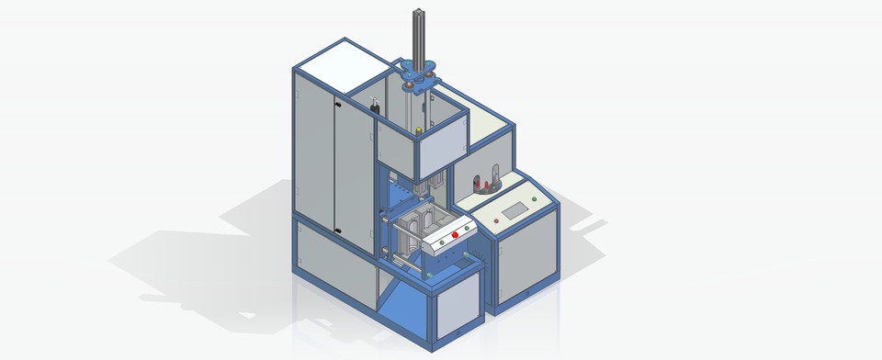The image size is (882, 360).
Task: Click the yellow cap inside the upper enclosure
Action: point(419,130)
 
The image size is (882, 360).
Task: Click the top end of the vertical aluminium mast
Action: point(418,12)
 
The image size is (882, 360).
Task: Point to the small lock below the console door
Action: point(530,293)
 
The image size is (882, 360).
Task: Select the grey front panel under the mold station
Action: point(458,303)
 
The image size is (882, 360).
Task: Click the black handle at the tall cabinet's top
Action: point(374,107)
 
